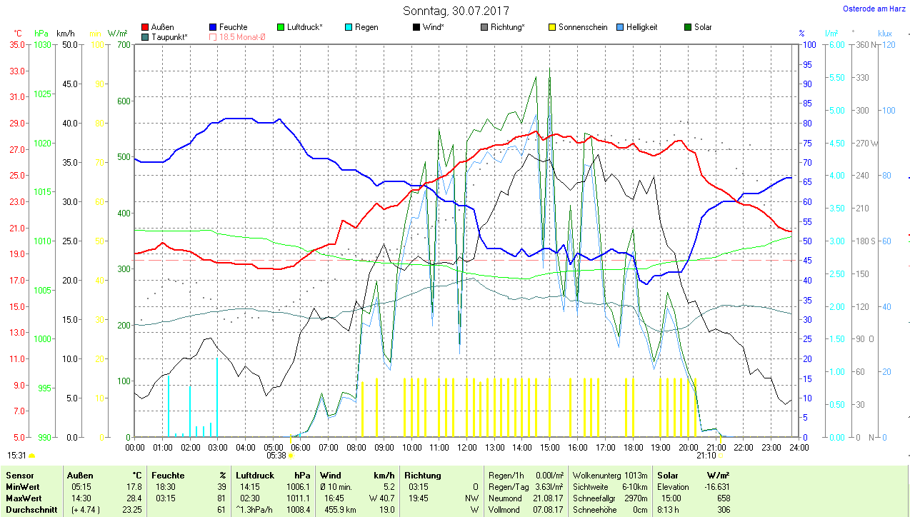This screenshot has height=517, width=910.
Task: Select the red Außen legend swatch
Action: pyautogui.click(x=146, y=27)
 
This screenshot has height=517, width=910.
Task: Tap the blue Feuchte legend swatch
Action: pyautogui.click(x=214, y=27)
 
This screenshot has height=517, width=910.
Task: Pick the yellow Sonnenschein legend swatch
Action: pyautogui.click(x=552, y=27)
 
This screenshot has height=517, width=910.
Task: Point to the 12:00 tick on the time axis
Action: pyautogui.click(x=466, y=447)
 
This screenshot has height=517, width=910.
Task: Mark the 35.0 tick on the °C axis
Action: pyautogui.click(x=16, y=44)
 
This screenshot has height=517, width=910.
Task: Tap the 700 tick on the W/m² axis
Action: pyautogui.click(x=124, y=44)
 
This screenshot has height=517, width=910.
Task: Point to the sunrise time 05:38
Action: pyautogui.click(x=276, y=455)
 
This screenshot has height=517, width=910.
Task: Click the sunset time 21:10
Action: pyautogui.click(x=706, y=455)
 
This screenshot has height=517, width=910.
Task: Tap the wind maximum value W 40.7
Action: pyautogui.click(x=380, y=498)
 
